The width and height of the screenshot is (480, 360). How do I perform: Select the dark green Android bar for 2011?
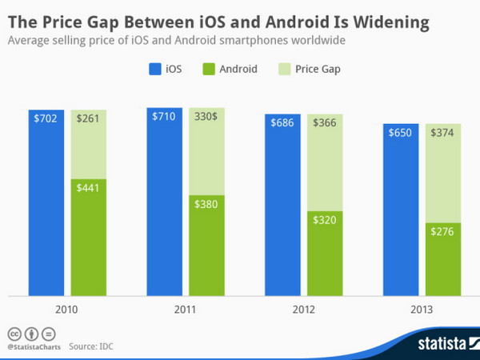206,244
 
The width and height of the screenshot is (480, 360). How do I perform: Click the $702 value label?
46,118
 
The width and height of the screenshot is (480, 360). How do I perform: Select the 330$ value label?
206,117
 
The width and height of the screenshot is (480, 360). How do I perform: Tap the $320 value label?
325,221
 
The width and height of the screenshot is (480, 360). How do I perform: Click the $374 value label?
443,133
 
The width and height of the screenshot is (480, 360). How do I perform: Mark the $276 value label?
443,232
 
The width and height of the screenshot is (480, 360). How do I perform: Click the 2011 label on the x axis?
186,310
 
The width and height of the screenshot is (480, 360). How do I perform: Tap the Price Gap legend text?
319,69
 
